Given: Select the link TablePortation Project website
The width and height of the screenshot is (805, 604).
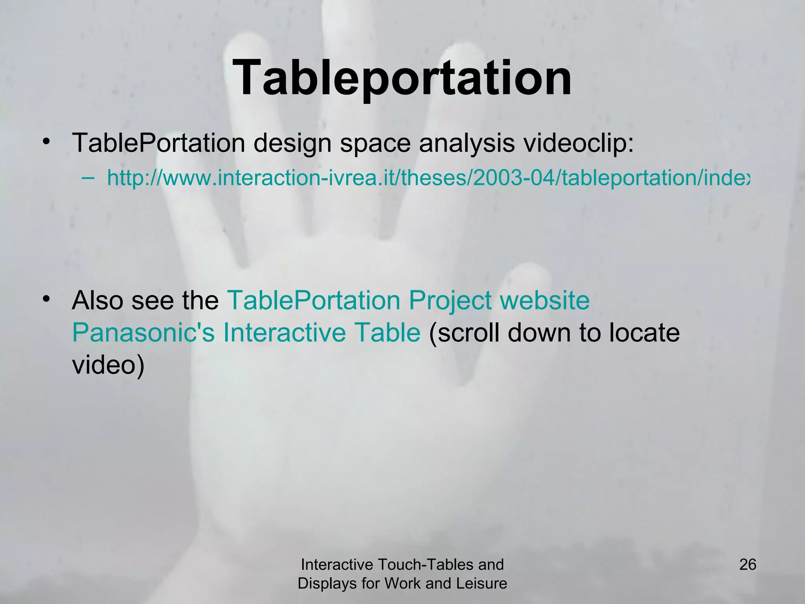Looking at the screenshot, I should (408, 300).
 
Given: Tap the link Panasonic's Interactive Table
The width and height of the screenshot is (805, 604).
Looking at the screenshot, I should (246, 333).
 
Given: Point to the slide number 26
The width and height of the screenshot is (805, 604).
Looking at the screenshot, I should (748, 565).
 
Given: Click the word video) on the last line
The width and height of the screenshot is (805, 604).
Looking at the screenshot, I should (108, 365).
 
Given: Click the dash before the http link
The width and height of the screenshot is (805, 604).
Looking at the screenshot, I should (88, 178).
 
